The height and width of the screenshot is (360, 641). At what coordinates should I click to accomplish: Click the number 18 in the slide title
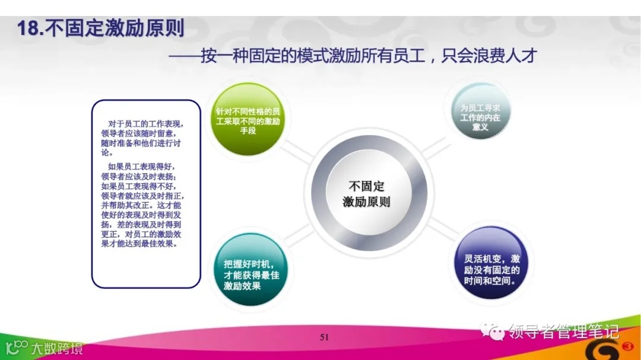click(x=27, y=28)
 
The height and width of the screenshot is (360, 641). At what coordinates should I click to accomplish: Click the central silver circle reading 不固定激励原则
click(x=367, y=193)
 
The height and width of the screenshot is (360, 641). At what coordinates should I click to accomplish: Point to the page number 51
click(x=324, y=337)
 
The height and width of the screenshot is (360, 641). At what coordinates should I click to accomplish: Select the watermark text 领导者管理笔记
click(x=564, y=331)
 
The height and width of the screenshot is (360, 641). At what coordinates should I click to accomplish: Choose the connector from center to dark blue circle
click(x=440, y=228)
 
